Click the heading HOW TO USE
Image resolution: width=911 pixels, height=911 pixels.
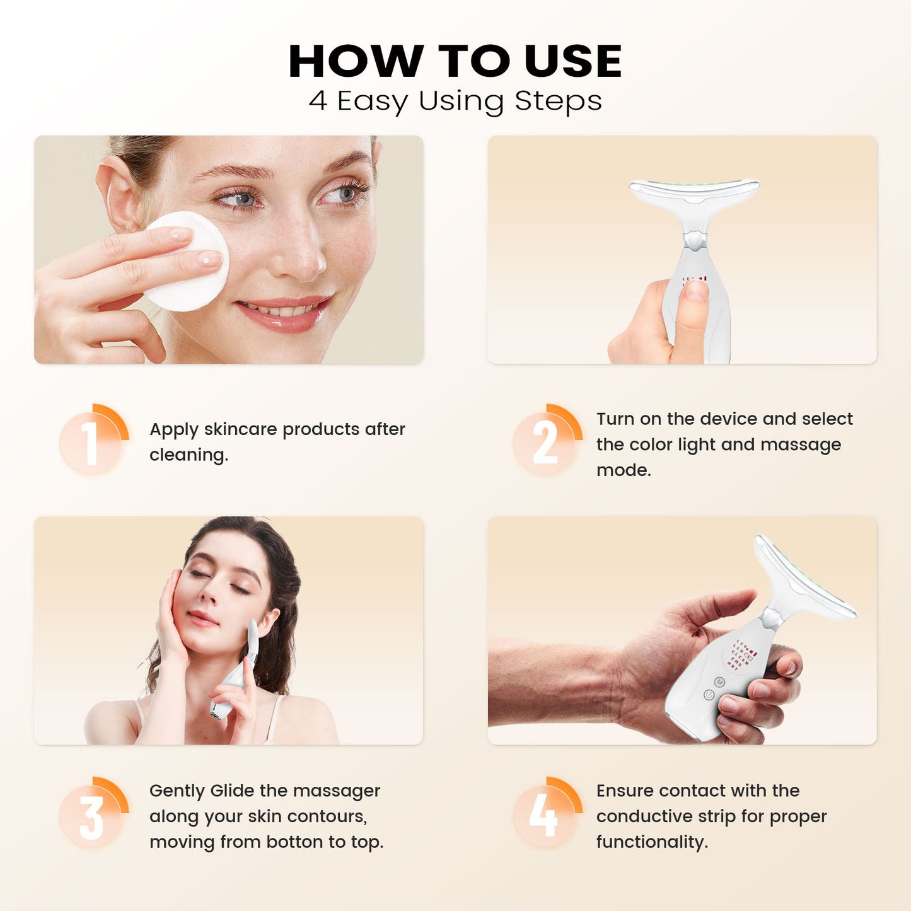click(455, 61)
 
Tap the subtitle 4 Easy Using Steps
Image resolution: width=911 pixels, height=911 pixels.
click(455, 101)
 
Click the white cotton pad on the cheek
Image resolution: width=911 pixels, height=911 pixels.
click(187, 262)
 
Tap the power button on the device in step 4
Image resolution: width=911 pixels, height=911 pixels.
click(709, 695)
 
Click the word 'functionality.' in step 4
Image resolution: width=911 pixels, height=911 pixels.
click(652, 842)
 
